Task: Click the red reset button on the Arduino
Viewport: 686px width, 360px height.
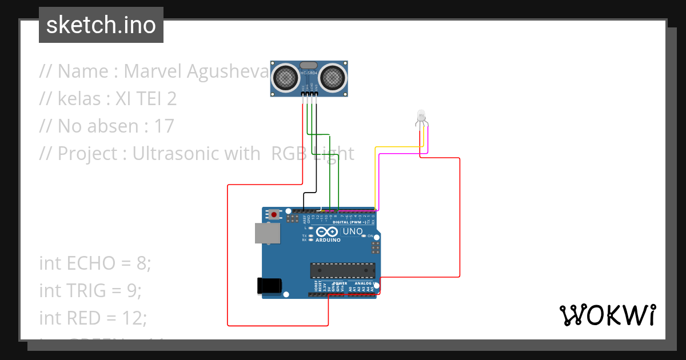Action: pos(274,215)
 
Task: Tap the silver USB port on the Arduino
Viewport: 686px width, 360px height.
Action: pos(268,233)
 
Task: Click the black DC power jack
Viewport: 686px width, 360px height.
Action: pos(270,285)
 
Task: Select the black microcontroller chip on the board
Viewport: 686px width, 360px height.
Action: pos(342,270)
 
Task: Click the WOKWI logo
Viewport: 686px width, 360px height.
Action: pos(607,315)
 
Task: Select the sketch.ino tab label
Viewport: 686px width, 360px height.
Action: pos(101,25)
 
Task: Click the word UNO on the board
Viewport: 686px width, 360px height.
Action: pos(352,231)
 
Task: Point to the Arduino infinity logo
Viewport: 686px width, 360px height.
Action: pos(326,232)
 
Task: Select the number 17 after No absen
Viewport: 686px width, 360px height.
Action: pos(164,126)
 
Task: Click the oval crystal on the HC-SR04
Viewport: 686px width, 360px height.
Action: pos(308,66)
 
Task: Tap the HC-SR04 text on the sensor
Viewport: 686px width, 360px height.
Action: pos(308,74)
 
